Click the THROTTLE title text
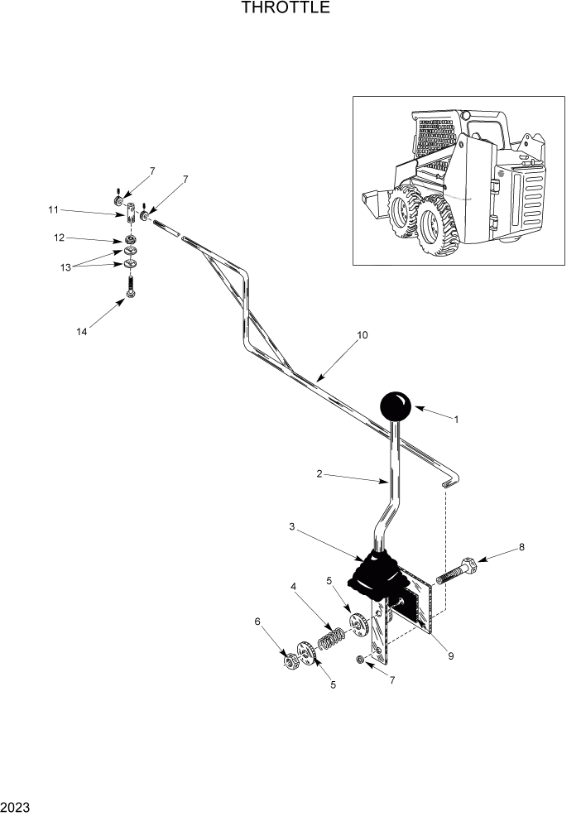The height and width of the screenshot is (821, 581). point(286,9)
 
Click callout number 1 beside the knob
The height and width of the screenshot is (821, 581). point(456,420)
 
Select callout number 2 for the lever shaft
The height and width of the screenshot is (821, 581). point(319,475)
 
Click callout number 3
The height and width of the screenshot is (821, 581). point(291,526)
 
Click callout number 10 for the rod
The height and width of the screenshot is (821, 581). point(362,335)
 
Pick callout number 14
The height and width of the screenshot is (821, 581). point(81,332)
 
